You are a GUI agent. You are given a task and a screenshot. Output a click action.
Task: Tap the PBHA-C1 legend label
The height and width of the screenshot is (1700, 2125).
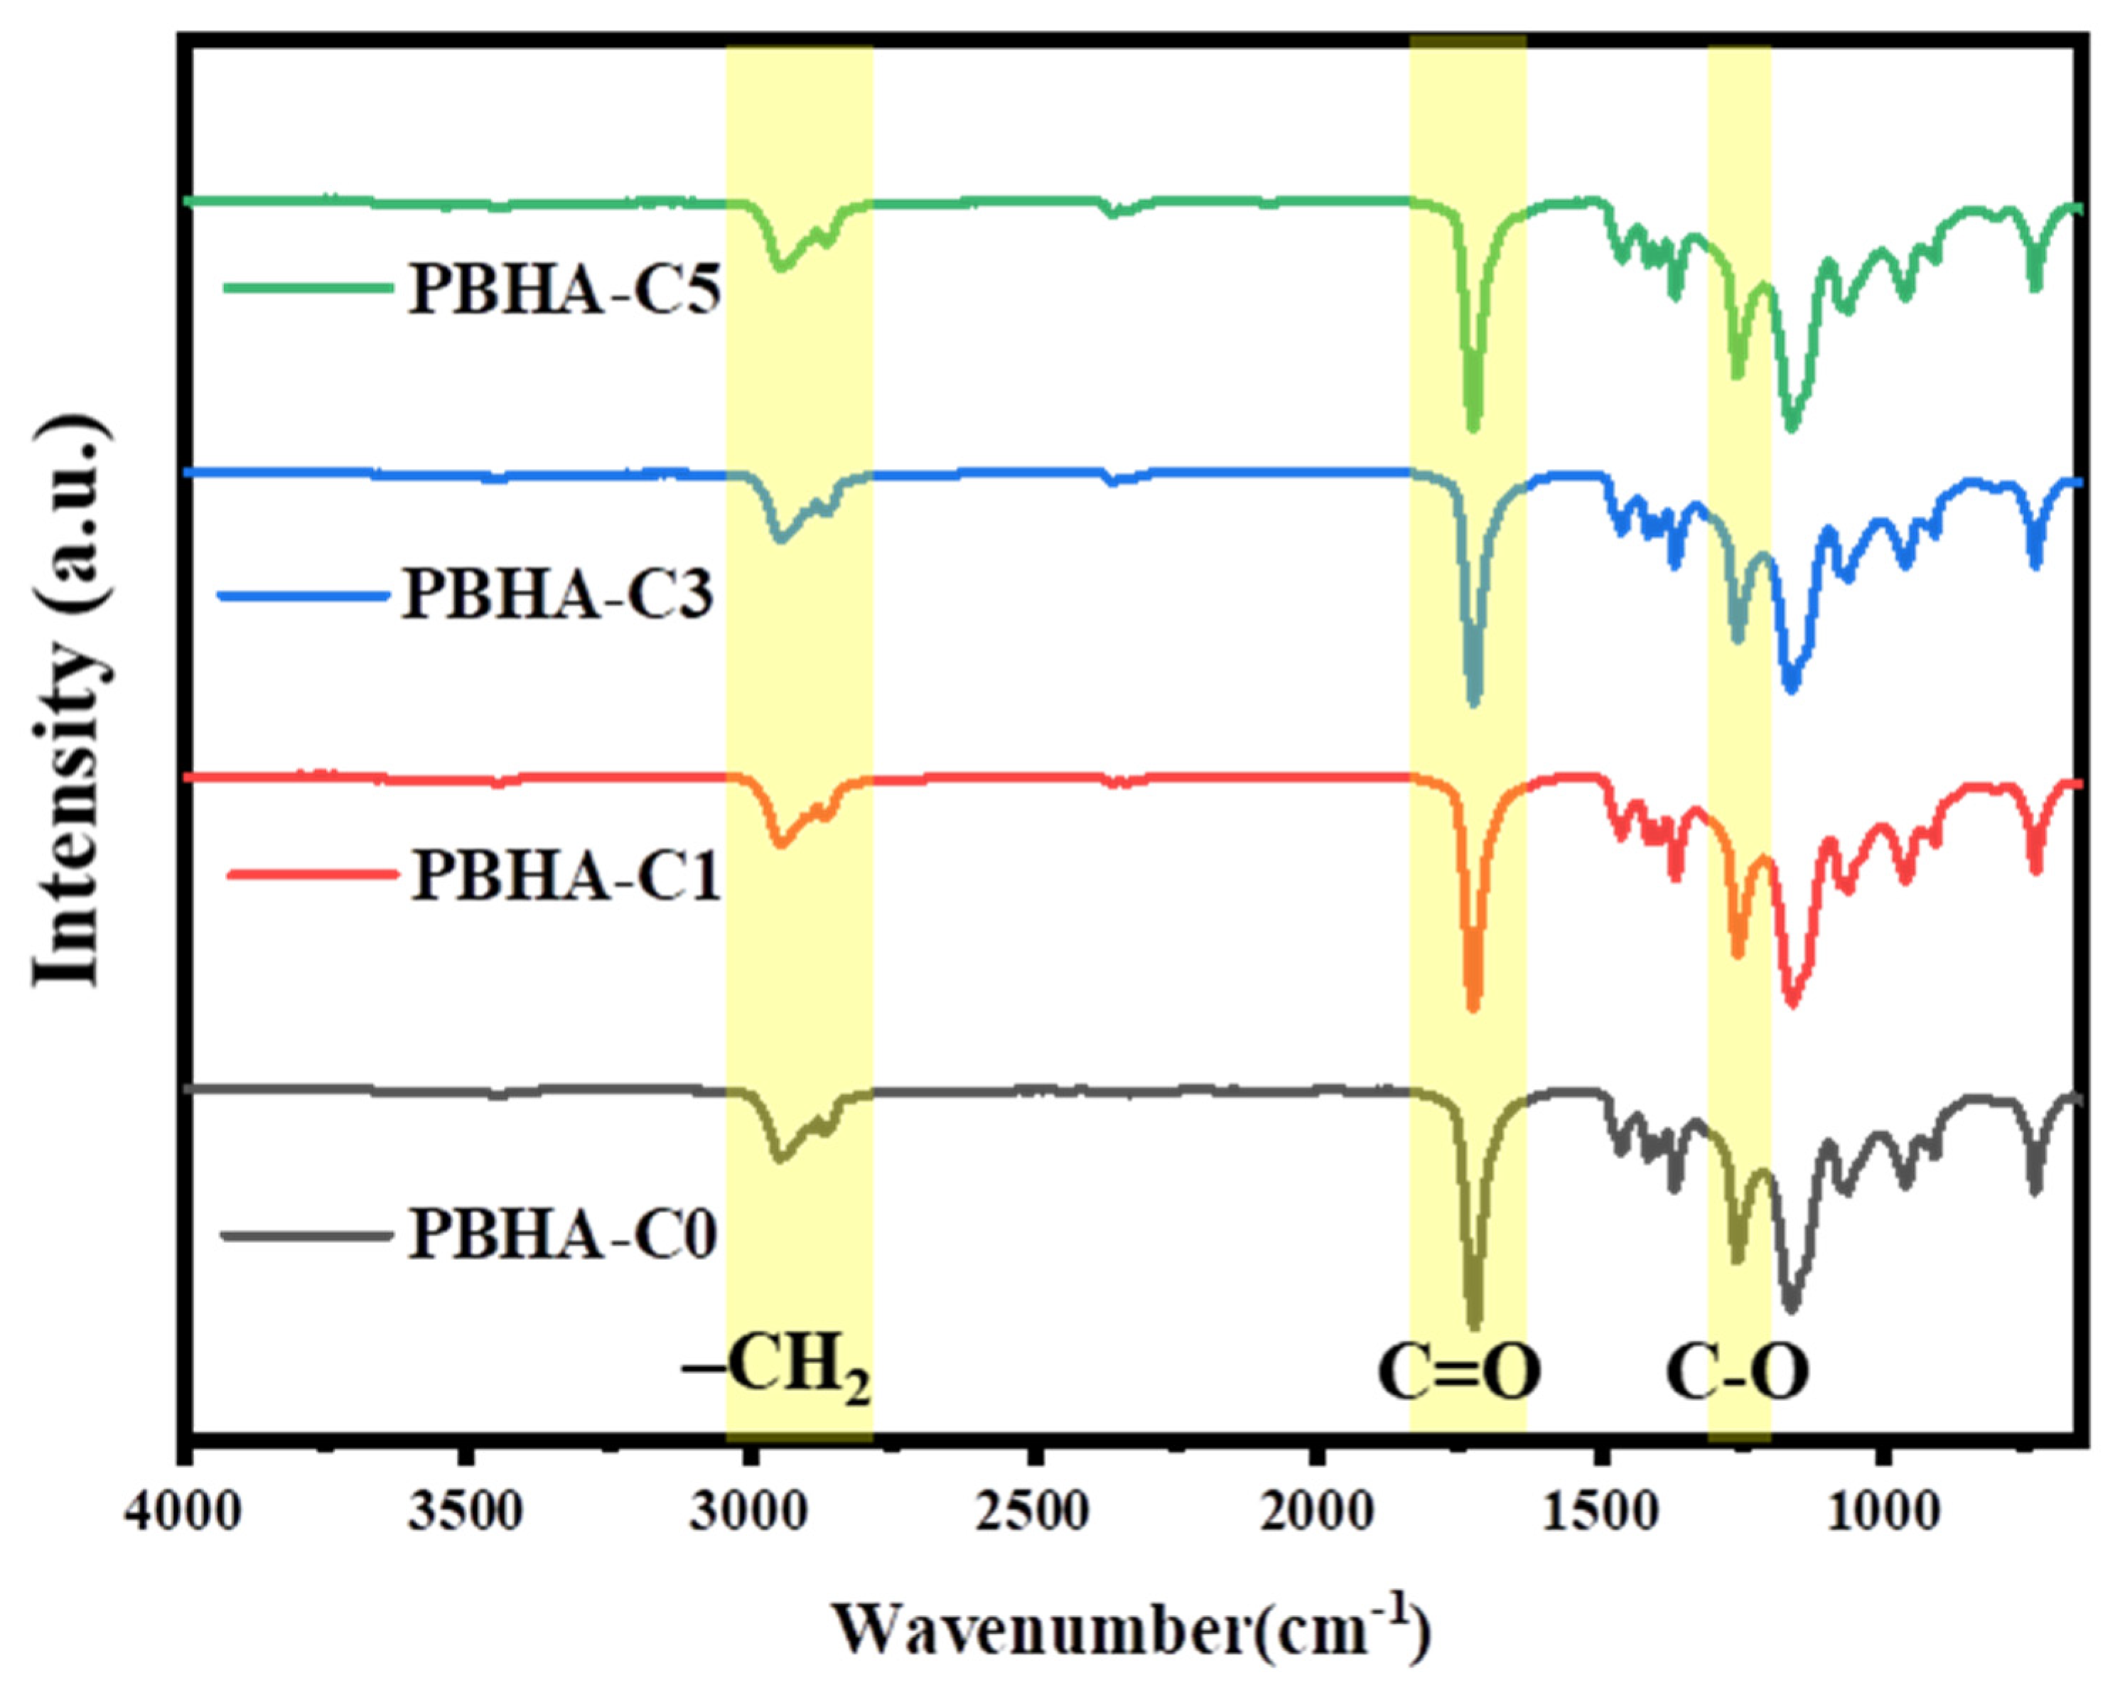pyautogui.click(x=565, y=876)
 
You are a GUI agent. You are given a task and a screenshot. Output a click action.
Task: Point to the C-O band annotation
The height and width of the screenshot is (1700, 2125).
pyautogui.click(x=1738, y=1373)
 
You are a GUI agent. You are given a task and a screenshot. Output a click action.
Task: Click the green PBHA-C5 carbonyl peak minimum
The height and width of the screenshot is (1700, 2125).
pyautogui.click(x=1473, y=426)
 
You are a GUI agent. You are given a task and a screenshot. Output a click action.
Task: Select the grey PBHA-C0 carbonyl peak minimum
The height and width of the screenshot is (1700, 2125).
pyautogui.click(x=1473, y=1323)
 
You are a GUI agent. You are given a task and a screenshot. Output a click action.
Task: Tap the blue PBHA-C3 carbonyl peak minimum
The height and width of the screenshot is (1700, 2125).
pyautogui.click(x=1473, y=701)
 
